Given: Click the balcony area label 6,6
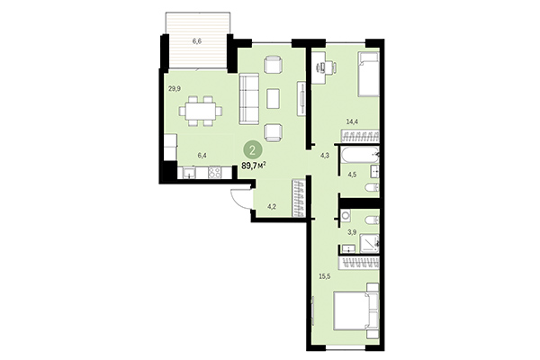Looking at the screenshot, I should (x=197, y=41).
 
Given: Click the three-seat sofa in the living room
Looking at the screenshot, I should (x=249, y=100).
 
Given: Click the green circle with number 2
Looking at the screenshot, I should (x=256, y=151).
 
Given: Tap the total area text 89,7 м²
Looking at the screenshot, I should (x=259, y=166).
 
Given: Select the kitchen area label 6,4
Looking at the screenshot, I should (x=202, y=155).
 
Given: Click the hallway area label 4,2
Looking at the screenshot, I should (x=272, y=207).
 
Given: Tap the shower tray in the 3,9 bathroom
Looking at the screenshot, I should (x=367, y=240).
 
